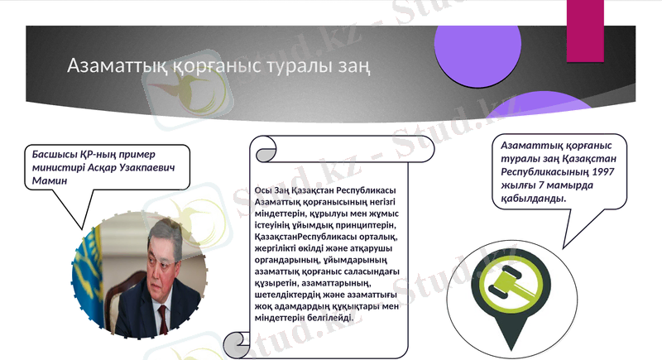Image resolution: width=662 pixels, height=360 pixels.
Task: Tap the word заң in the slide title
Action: [x=352, y=65]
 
